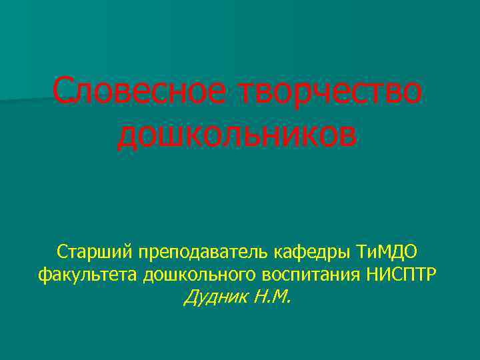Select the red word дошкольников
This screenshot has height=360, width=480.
tap(237, 135)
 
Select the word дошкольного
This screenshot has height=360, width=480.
tap(200, 275)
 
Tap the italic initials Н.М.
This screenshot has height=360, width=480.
tap(272, 296)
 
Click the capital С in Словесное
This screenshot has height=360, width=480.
tap(63, 91)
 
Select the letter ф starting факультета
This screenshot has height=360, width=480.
tap(44, 275)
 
